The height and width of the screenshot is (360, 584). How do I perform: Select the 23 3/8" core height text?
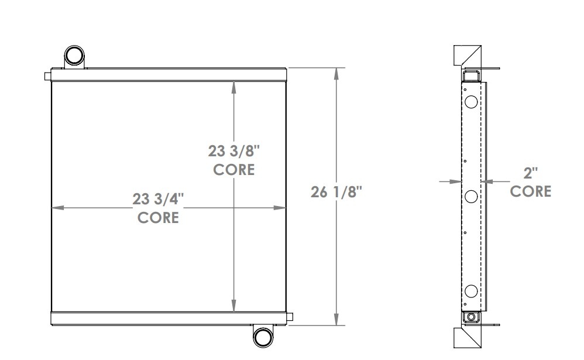(234, 152)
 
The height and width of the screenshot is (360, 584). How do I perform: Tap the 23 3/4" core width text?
(159, 199)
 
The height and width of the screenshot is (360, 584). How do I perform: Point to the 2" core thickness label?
(531, 173)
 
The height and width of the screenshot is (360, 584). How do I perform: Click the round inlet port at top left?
(74, 56)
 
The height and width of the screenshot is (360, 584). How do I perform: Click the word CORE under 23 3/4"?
(158, 218)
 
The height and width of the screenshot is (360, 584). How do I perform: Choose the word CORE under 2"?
(531, 191)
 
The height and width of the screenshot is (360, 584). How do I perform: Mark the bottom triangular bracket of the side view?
(468, 338)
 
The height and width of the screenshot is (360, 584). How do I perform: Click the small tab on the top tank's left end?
(47, 76)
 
